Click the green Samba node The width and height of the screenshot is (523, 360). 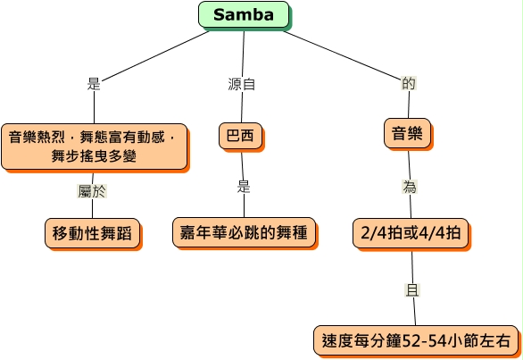pyautogui.click(x=244, y=14)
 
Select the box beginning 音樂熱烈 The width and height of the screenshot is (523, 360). pyautogui.click(x=95, y=147)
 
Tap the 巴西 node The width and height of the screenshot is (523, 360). pyautogui.click(x=240, y=136)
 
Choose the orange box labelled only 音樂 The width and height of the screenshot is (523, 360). pyautogui.click(x=407, y=133)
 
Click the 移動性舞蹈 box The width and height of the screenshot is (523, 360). pyautogui.click(x=93, y=233)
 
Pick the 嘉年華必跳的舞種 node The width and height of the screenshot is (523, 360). pyautogui.click(x=244, y=232)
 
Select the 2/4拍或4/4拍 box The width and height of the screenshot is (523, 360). pyautogui.click(x=411, y=233)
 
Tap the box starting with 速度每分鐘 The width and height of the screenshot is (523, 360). pyautogui.click(x=416, y=341)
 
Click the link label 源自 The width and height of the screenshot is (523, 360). pyautogui.click(x=242, y=84)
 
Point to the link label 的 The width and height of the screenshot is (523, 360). pyautogui.click(x=409, y=83)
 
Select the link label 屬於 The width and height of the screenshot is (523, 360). pyautogui.click(x=92, y=191)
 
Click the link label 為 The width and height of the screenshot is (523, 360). pyautogui.click(x=410, y=187)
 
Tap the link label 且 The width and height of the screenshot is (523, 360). pyautogui.click(x=412, y=289)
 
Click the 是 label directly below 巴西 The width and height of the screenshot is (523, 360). pyautogui.click(x=244, y=187)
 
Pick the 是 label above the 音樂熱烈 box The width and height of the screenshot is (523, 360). pyautogui.click(x=94, y=83)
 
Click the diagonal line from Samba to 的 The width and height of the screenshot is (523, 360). pyautogui.click(x=343, y=55)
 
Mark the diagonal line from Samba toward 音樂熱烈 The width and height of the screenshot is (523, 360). pyautogui.click(x=155, y=56)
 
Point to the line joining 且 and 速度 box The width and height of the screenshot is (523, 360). pyautogui.click(x=415, y=311)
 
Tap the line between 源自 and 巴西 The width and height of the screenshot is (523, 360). pyautogui.click(x=242, y=107)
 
